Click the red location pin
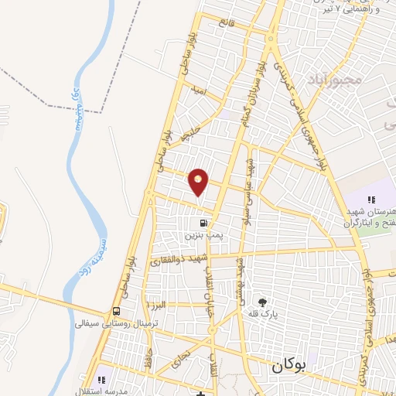pyautogui.click(x=199, y=183)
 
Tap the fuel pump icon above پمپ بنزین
pyautogui.click(x=193, y=220)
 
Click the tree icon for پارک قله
pyautogui.click(x=263, y=302)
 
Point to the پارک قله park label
pyautogui.click(x=263, y=316)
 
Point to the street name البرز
pyautogui.click(x=159, y=306)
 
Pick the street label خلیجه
pyautogui.click(x=189, y=134)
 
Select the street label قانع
pyautogui.click(x=225, y=23)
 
